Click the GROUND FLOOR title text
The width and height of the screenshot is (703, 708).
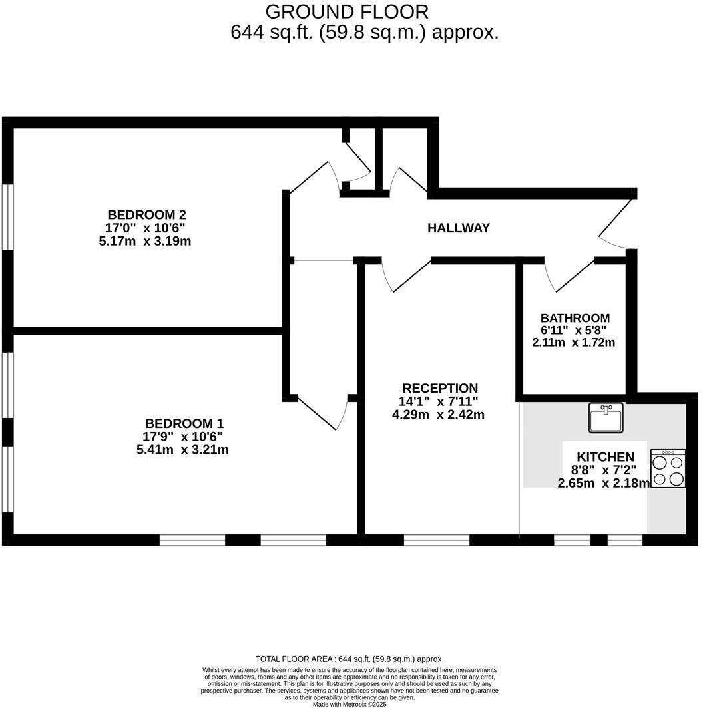click(347, 11)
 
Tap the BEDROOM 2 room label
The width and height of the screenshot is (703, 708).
click(146, 215)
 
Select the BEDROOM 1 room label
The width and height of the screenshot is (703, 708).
click(184, 423)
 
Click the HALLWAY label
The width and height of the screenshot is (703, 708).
click(458, 228)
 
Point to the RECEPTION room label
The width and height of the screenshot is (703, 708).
click(439, 388)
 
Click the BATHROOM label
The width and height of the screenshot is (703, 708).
click(575, 318)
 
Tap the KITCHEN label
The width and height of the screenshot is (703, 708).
click(605, 457)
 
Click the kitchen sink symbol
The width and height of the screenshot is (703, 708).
click(606, 417)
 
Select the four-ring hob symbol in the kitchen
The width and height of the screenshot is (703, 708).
click(668, 469)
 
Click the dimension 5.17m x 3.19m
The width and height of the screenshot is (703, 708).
click(144, 241)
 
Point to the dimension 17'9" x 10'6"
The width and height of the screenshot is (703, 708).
click(183, 437)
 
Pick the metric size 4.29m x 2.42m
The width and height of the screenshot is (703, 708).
click(438, 414)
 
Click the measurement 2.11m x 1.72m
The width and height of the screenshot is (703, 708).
click(573, 343)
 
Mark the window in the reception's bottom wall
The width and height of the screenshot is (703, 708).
click(436, 539)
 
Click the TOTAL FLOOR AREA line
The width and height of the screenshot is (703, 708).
click(350, 659)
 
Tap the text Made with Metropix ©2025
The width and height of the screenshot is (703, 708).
click(350, 703)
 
